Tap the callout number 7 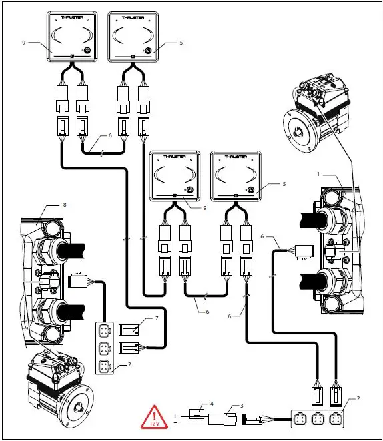(156, 319)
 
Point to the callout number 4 (212, 403)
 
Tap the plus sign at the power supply (175, 414)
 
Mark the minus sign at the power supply (175, 422)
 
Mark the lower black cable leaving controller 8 (69, 310)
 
